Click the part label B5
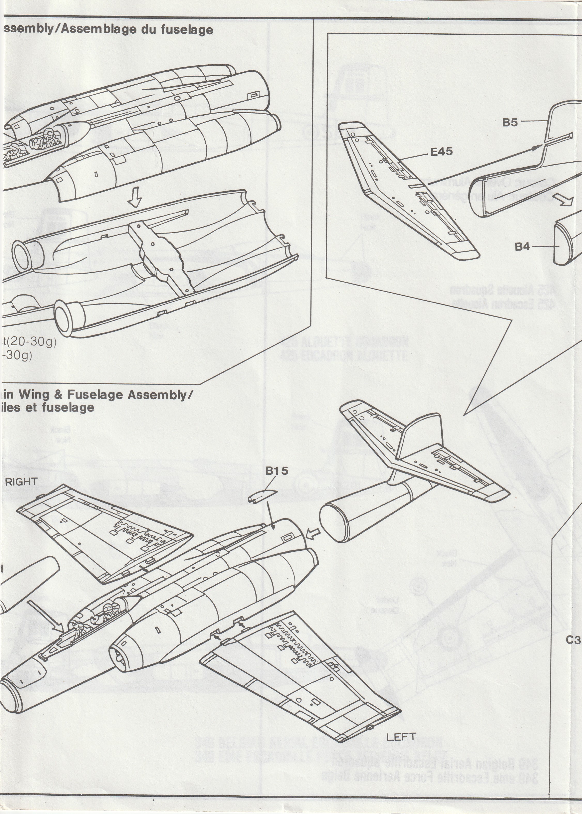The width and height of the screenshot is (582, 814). pos(510,122)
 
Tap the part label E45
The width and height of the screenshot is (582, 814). pos(441,152)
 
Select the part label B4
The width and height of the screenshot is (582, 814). pos(522,247)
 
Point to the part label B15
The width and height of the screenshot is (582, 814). pos(277,471)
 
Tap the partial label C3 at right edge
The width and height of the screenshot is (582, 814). pos(573,640)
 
